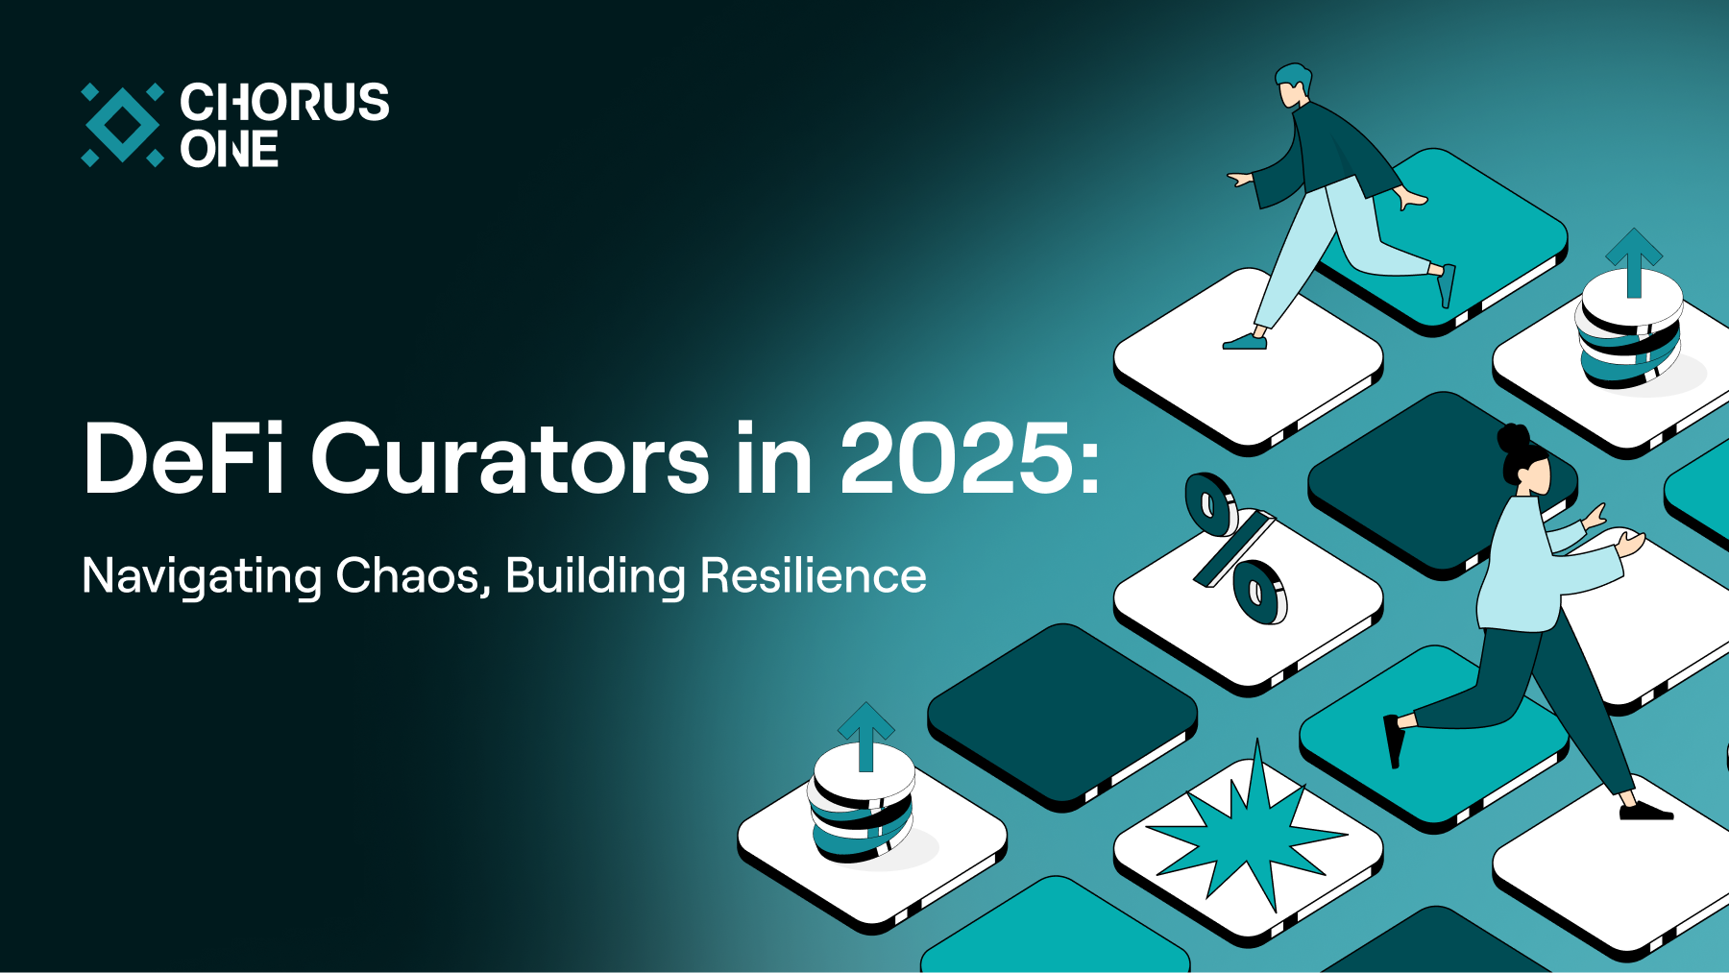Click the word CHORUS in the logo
(284, 102)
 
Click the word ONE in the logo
(230, 149)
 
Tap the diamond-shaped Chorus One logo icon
(122, 125)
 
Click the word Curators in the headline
(510, 458)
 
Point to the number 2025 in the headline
(957, 458)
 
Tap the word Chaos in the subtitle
(413, 575)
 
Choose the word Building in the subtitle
(596, 577)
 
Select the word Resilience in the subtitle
(814, 575)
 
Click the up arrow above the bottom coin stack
(866, 736)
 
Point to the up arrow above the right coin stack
(1634, 262)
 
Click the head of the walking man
(1293, 85)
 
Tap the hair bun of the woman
(1513, 438)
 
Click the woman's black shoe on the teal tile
(1394, 740)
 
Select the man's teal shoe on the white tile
(1245, 341)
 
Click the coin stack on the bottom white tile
(862, 805)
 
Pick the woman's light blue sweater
(1537, 567)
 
